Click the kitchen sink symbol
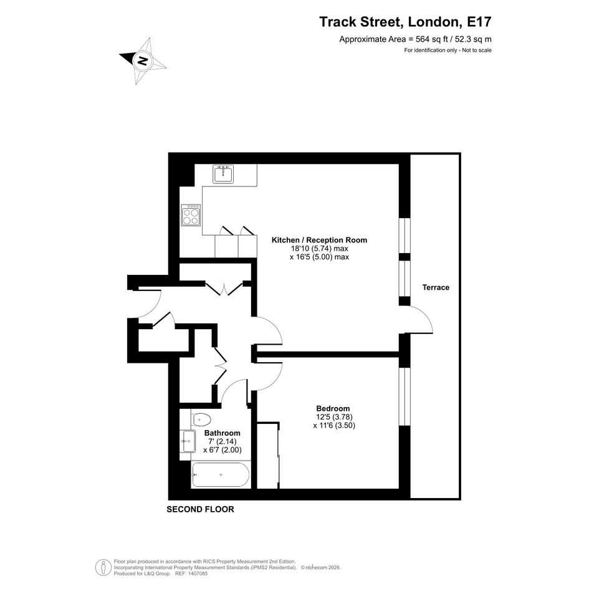coord(223,174)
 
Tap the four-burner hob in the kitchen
coord(191,215)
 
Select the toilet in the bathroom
coord(201,419)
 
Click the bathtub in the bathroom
coord(220,475)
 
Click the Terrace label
coord(436,287)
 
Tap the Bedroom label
coord(333,408)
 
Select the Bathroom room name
coord(223,433)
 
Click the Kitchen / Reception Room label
coord(319,240)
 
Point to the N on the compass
coord(142,60)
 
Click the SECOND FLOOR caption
coord(200,509)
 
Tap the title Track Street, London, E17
coord(405,22)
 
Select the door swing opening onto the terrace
coord(421,319)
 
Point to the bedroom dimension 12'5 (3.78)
coord(334,417)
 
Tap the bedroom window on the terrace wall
coord(404,396)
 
